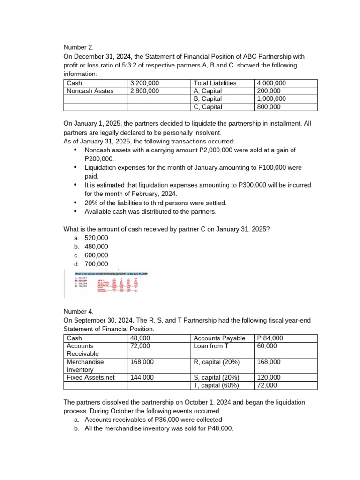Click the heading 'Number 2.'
coord(79,47)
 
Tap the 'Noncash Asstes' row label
coord(90,91)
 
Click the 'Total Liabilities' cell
coord(215,83)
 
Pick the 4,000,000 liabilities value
coord(272,83)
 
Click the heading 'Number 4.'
coord(79,311)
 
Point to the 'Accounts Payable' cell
coord(219,338)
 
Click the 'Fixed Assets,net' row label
coord(90,377)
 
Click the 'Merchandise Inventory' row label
coord(85,366)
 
